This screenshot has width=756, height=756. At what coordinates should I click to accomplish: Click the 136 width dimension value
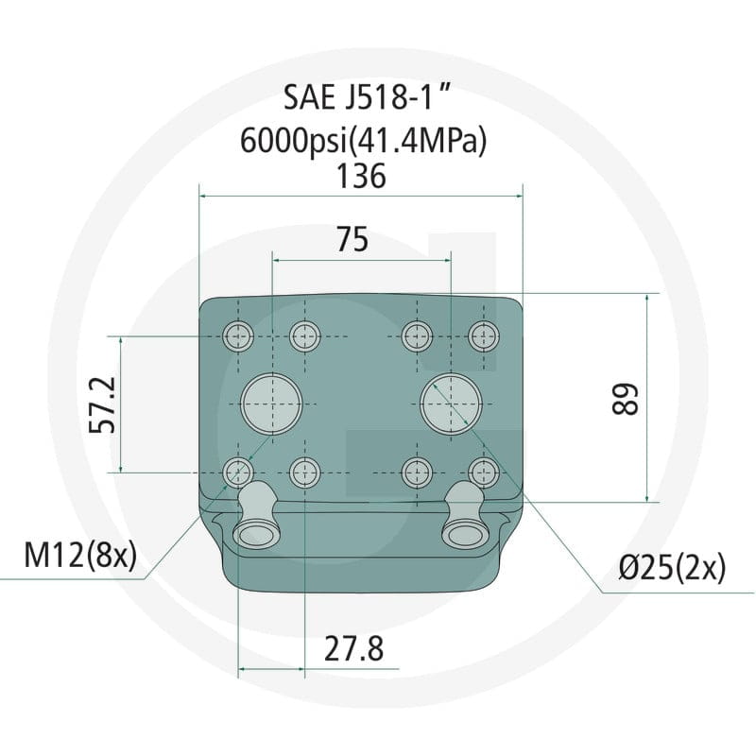pyautogui.click(x=361, y=176)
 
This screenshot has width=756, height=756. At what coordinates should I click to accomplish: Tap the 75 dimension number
pyautogui.click(x=352, y=239)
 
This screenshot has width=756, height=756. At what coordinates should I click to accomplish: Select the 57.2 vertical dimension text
pyautogui.click(x=103, y=404)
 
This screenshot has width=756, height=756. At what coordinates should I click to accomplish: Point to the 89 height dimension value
pyautogui.click(x=625, y=399)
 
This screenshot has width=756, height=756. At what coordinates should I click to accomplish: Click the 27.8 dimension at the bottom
pyautogui.click(x=353, y=649)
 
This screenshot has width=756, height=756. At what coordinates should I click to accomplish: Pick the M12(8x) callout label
pyautogui.click(x=80, y=555)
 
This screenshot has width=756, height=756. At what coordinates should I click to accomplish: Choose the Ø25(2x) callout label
pyautogui.click(x=672, y=568)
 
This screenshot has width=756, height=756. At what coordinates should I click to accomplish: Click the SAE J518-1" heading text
pyautogui.click(x=367, y=97)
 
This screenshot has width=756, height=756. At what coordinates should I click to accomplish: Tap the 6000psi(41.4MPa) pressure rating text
pyautogui.click(x=364, y=141)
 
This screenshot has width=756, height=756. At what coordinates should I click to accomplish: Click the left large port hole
pyautogui.click(x=272, y=404)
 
